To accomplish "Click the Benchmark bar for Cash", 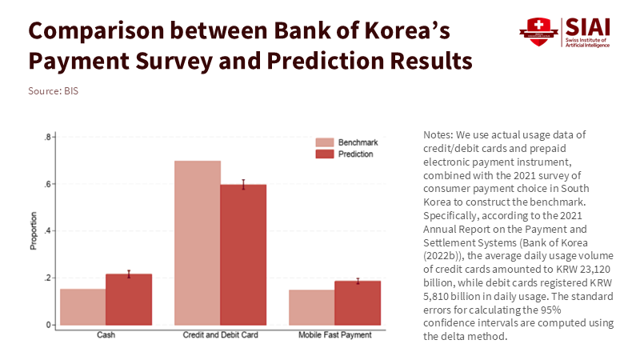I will pos(82,306).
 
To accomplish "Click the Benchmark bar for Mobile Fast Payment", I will pos(312,307).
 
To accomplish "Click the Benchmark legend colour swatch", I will pos(324,141).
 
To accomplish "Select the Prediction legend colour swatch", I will pos(324,154).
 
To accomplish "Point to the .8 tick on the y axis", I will pos(48,138).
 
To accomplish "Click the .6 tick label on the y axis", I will pos(48,184).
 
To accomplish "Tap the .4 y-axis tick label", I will pos(48,231).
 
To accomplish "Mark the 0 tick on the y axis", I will pos(50,325).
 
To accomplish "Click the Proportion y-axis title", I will pos(34,231).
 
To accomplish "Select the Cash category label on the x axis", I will pos(106,335).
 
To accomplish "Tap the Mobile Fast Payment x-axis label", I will pos(334,335).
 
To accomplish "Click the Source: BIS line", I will pos(53,90).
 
